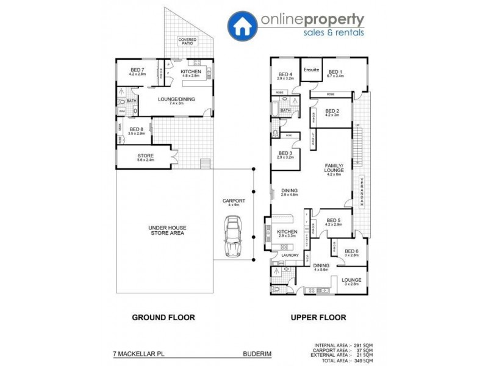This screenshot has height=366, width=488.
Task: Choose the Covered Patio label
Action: [x=187, y=41]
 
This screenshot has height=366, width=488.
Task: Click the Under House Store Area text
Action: [x=167, y=231]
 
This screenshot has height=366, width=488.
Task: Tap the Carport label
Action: [x=234, y=201]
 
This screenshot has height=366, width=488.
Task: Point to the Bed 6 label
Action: [x=351, y=251]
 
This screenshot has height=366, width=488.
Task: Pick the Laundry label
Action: [x=289, y=256]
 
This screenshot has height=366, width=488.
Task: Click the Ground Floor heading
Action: [x=163, y=317]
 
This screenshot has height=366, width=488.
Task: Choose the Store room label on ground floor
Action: [x=146, y=156]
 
